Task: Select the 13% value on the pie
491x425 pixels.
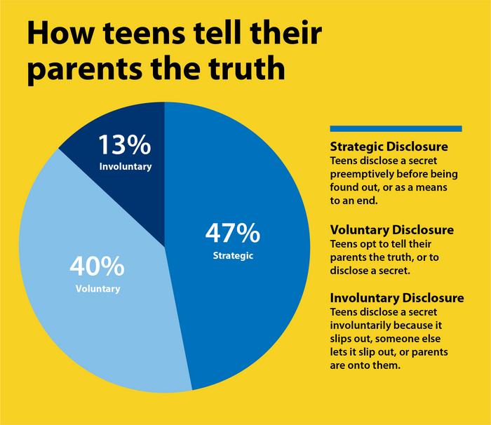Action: [124, 145]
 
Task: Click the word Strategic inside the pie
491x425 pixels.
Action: [232, 255]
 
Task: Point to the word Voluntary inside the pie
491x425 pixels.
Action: [97, 288]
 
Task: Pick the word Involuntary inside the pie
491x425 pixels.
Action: [124, 167]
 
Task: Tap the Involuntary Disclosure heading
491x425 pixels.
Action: [396, 298]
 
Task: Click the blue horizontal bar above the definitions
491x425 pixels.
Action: [396, 128]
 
